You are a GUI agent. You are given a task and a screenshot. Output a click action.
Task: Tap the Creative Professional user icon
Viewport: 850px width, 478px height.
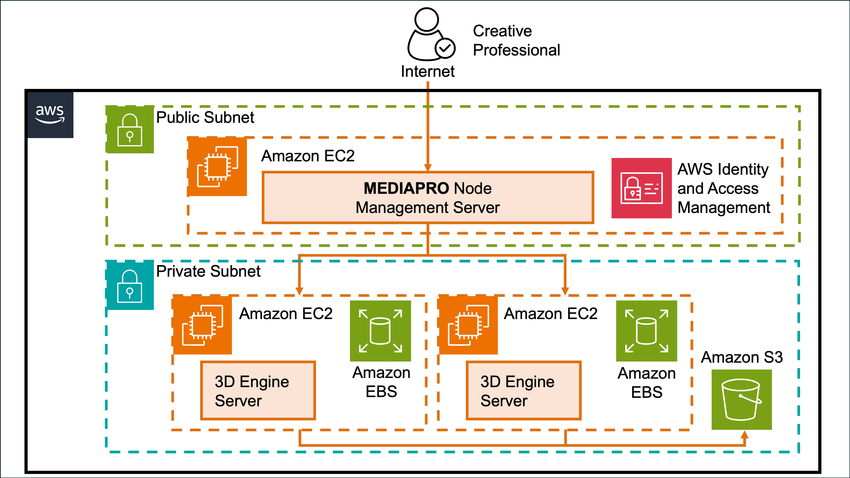coord(429,35)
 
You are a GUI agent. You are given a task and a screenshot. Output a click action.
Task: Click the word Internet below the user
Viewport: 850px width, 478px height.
coord(428,71)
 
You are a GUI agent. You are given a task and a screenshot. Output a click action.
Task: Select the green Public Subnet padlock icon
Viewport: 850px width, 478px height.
coord(130,130)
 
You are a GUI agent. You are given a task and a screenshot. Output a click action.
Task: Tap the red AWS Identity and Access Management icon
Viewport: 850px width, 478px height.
coord(641,188)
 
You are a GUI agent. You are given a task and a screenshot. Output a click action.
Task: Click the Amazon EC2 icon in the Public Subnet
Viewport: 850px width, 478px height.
coord(217,167)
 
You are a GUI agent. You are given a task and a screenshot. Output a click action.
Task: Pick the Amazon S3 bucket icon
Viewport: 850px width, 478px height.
coord(741,400)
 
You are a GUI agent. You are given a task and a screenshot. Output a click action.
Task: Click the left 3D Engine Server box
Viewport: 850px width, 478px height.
coord(258,391)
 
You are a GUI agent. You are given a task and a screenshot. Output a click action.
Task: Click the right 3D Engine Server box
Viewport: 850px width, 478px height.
coord(523,391)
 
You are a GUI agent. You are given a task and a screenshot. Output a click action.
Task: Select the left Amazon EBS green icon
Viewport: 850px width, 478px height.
coord(380,331)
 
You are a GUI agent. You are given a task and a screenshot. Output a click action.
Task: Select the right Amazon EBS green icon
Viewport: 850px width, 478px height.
coord(646,331)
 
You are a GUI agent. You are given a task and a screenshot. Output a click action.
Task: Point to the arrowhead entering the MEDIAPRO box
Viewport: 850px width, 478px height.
coord(428,168)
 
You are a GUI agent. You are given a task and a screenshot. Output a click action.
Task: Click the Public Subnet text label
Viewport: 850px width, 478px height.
coord(205,118)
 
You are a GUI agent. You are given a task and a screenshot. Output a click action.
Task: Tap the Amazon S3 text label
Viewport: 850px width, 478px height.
coord(741,357)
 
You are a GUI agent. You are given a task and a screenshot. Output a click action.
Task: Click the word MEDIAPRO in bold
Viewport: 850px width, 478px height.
coord(406,188)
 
